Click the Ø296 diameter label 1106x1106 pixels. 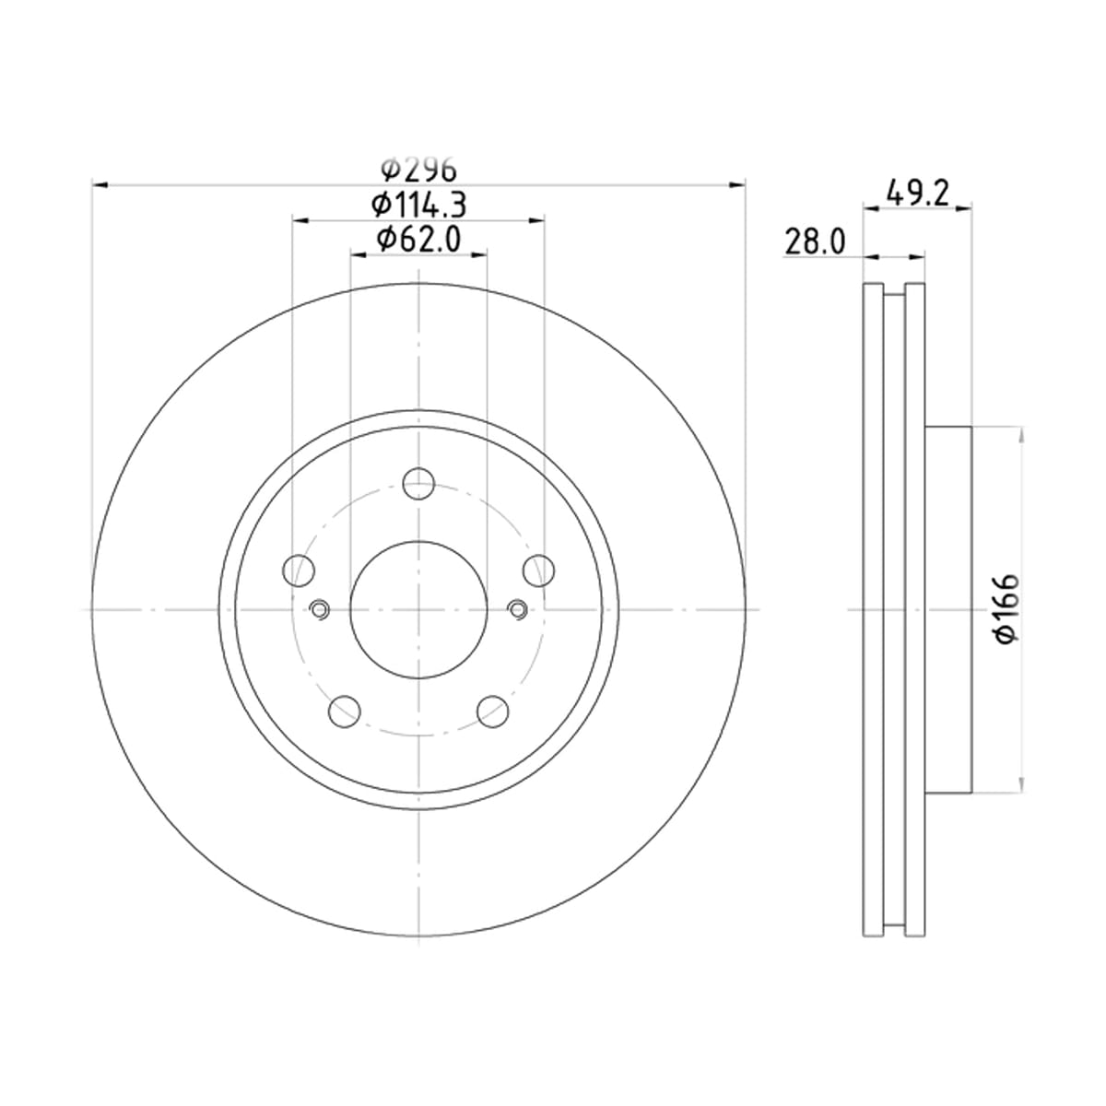coord(419,169)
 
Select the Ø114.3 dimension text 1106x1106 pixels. coord(418,205)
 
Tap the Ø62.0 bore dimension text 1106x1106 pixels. coord(418,240)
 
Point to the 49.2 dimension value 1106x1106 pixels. coord(918,194)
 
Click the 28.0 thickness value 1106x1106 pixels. coord(815,241)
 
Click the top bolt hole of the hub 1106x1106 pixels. coord(418,484)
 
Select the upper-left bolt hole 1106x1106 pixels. coord(299,571)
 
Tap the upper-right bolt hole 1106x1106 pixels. coord(538,571)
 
